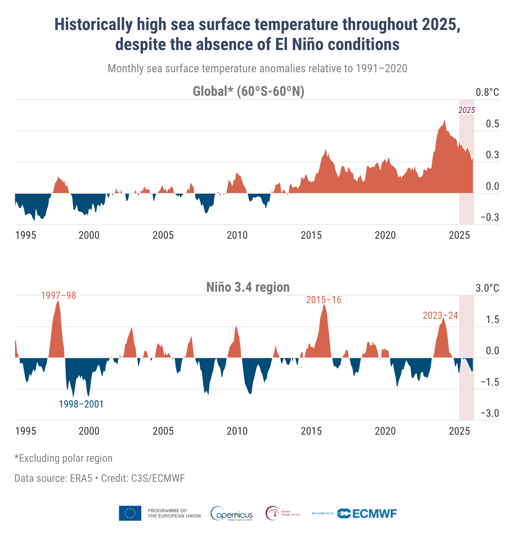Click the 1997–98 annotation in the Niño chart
point(58,296)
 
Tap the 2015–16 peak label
point(324,300)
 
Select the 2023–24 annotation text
point(440,316)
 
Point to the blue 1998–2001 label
point(81,404)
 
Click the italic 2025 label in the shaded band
point(466,110)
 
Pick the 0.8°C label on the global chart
point(487,93)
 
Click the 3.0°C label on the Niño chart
point(487,288)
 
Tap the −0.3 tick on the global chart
point(490,218)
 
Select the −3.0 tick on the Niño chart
point(490,414)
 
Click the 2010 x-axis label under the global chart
point(237,235)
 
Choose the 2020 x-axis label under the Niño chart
point(385,431)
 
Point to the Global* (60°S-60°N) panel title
point(248,91)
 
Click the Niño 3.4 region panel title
point(248,287)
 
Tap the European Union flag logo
point(130,513)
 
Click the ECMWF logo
point(367,514)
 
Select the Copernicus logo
point(232,514)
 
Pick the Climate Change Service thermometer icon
point(273,514)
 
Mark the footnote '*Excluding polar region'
point(64,458)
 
